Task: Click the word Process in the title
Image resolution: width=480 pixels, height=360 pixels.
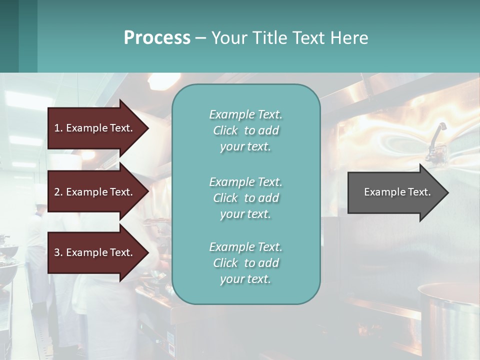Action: [x=157, y=38]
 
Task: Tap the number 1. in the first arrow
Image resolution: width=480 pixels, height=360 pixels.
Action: [x=58, y=128]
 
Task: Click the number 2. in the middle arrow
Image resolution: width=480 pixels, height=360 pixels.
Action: [x=58, y=192]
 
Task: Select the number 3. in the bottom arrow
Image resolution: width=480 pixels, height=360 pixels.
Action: [x=58, y=252]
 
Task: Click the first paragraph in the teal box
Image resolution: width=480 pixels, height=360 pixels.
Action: [x=245, y=130]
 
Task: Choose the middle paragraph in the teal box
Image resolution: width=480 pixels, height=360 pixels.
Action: [x=245, y=198]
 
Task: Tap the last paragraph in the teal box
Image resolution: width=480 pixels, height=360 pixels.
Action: [x=245, y=263]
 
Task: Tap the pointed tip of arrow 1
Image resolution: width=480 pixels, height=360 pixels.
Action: [x=148, y=128]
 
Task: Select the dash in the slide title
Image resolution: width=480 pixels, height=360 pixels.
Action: [x=200, y=38]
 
